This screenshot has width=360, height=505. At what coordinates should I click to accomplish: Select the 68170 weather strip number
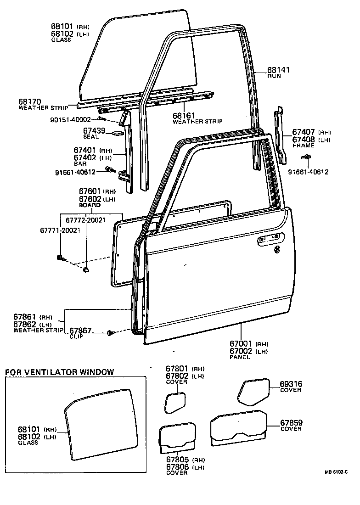[x=30, y=101]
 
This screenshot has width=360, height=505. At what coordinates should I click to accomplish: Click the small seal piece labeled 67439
[x=117, y=134]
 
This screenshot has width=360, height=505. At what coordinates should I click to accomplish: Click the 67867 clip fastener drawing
[x=111, y=332]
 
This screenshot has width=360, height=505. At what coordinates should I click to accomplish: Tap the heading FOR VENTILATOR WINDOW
[x=59, y=372]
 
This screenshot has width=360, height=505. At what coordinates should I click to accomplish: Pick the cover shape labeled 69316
[x=253, y=391]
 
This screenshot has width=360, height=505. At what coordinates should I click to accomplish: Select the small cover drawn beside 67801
[x=175, y=403]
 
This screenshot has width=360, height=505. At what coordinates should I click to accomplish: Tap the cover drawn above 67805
[x=177, y=435]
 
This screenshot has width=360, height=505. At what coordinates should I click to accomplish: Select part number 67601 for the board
[x=90, y=191]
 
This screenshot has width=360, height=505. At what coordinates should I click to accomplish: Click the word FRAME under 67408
[x=303, y=146]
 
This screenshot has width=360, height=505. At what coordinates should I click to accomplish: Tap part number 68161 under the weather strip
[x=185, y=116]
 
